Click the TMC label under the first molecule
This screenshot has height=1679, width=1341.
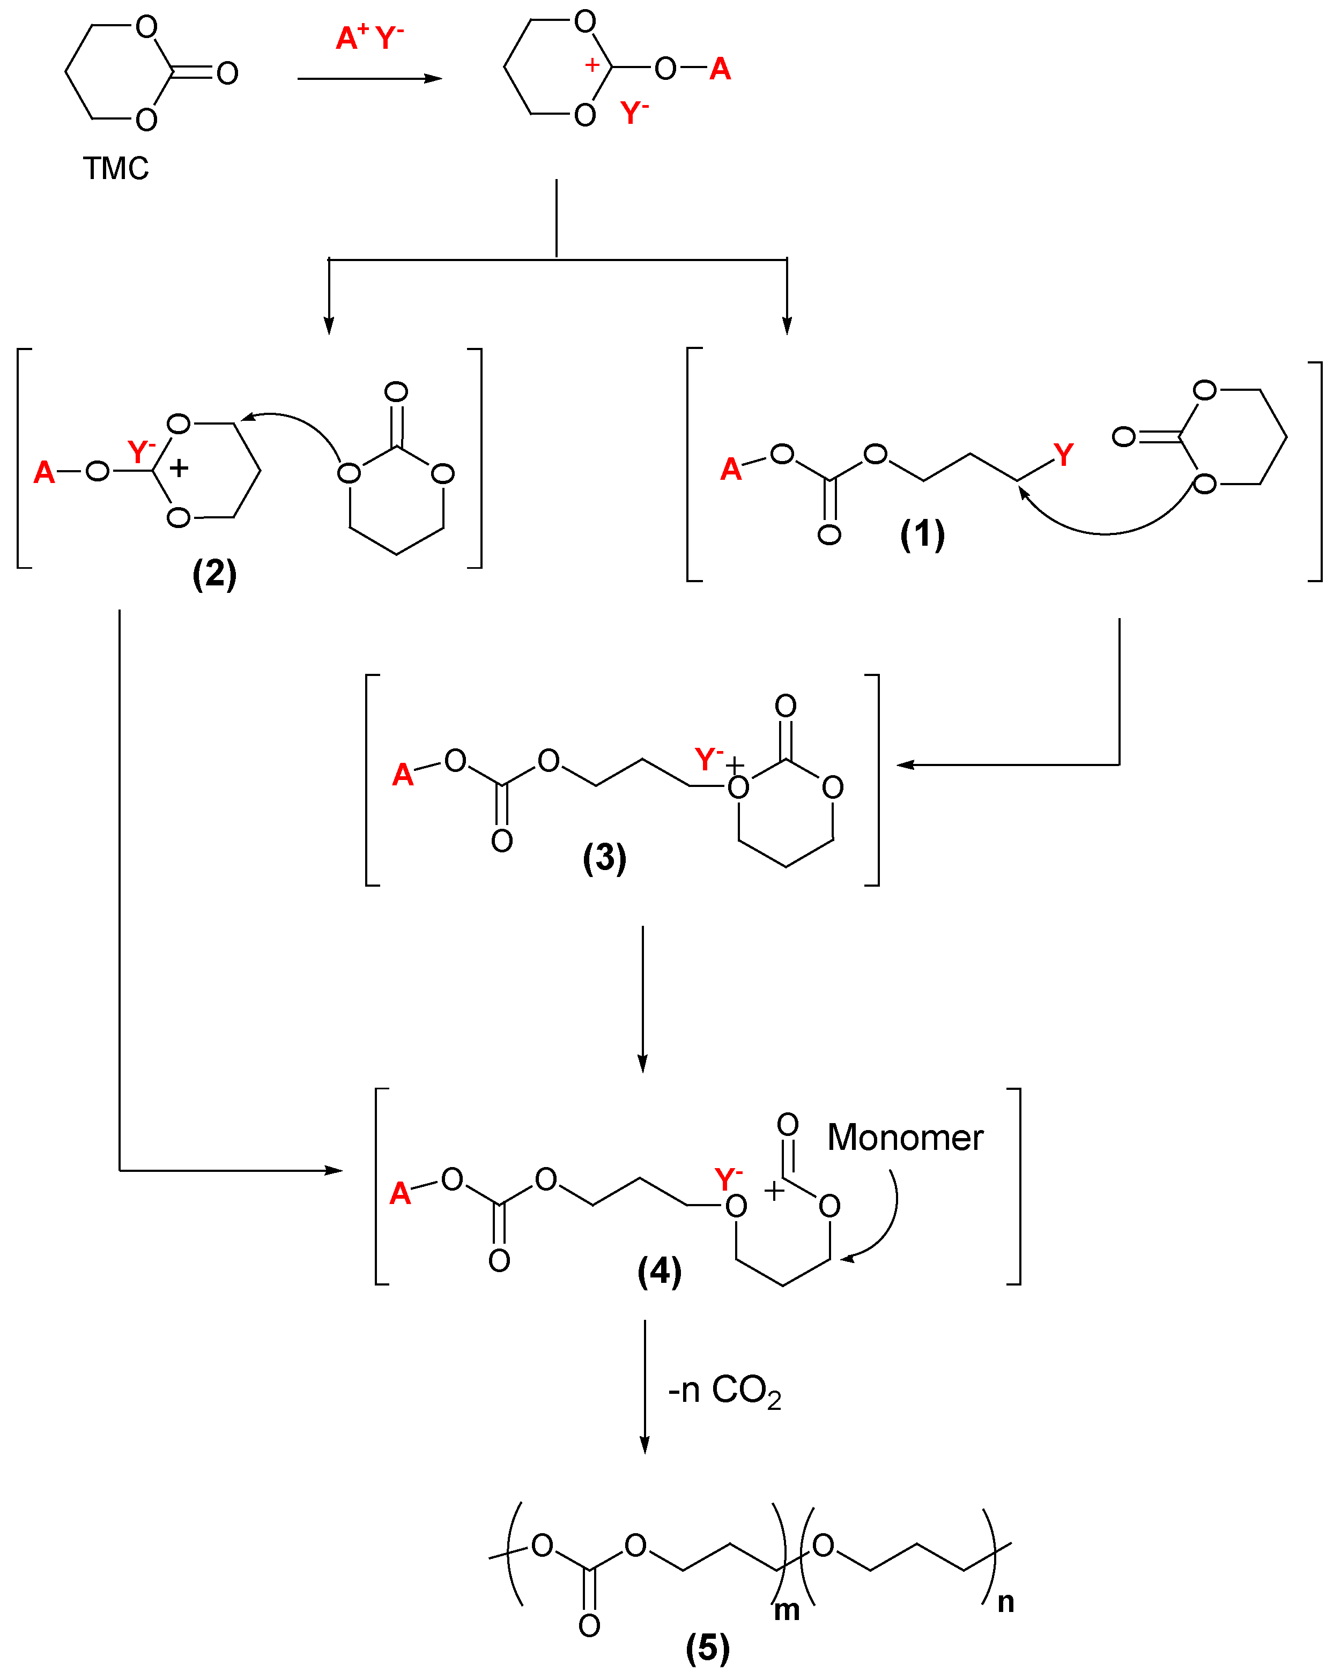tap(116, 168)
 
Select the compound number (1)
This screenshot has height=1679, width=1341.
tap(922, 534)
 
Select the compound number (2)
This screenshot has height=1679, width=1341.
tap(214, 574)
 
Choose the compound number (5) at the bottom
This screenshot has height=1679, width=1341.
tap(707, 1647)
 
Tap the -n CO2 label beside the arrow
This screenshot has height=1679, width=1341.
tap(724, 1391)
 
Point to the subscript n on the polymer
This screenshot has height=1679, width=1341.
tap(1006, 1602)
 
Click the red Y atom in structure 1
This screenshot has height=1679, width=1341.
tap(1063, 454)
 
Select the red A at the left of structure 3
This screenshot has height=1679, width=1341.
tap(403, 775)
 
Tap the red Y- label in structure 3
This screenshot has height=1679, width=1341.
tap(708, 757)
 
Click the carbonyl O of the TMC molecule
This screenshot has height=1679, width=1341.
tap(227, 73)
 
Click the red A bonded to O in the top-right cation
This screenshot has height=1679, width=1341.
tap(720, 69)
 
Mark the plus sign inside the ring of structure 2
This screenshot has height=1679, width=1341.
tap(179, 468)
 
